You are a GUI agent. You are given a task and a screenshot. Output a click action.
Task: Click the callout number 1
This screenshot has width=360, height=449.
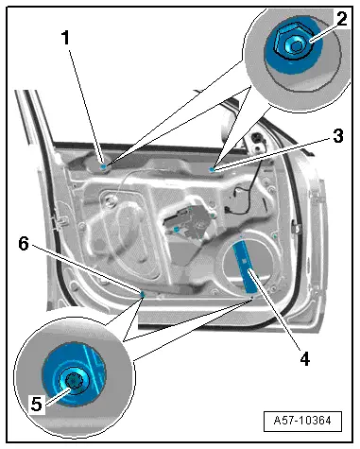pyautogui.click(x=65, y=38)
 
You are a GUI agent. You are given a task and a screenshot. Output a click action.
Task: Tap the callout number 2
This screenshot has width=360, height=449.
pyautogui.click(x=342, y=19)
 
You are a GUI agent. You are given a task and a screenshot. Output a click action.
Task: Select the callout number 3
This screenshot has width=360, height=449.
pyautogui.click(x=338, y=136)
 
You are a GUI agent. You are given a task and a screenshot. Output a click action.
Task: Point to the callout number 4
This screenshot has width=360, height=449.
pyautogui.click(x=304, y=358)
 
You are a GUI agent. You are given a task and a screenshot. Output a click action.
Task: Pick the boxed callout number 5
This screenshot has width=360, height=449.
pyautogui.click(x=36, y=404)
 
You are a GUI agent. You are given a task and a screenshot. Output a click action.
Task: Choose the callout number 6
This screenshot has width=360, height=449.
pyautogui.click(x=24, y=244)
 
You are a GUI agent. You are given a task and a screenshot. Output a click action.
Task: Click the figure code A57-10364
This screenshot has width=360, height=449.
pyautogui.click(x=302, y=421)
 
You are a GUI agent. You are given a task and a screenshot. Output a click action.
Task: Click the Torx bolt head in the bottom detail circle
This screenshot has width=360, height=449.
pyautogui.click(x=74, y=380)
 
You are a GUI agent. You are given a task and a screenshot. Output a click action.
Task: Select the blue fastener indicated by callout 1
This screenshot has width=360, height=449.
pyautogui.click(x=103, y=166)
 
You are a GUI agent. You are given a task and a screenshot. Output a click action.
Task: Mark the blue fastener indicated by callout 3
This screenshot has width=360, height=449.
pyautogui.click(x=212, y=170)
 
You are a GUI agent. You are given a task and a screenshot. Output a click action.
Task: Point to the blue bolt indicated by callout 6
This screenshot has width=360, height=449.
pyautogui.click(x=142, y=294)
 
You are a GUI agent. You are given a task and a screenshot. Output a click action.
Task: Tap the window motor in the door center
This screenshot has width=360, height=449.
pyautogui.click(x=185, y=221)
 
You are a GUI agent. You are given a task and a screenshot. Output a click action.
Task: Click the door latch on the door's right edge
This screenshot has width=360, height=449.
pyautogui.click(x=296, y=227)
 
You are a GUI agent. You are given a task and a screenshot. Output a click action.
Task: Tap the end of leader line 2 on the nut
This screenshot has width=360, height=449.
pyautogui.click(x=311, y=41)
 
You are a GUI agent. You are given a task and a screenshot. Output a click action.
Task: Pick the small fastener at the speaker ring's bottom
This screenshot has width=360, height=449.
pyautogui.click(x=252, y=297)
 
